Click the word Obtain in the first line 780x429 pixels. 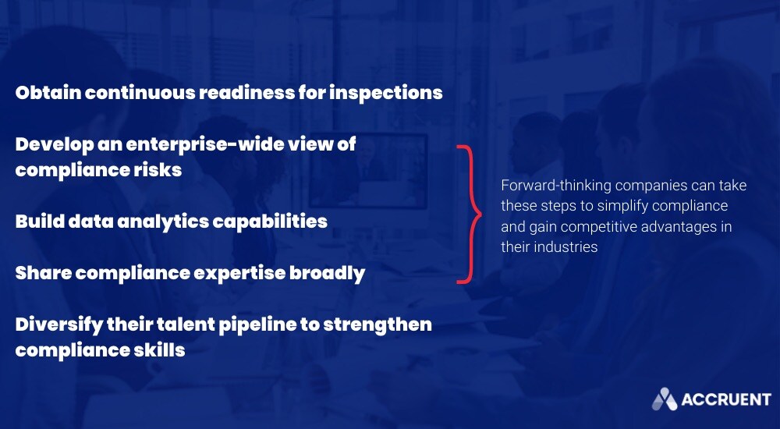pyautogui.click(x=48, y=92)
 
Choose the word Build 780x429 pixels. pyautogui.click(x=40, y=221)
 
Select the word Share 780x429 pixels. pyautogui.click(x=43, y=273)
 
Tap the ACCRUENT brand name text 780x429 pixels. pyautogui.click(x=726, y=399)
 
